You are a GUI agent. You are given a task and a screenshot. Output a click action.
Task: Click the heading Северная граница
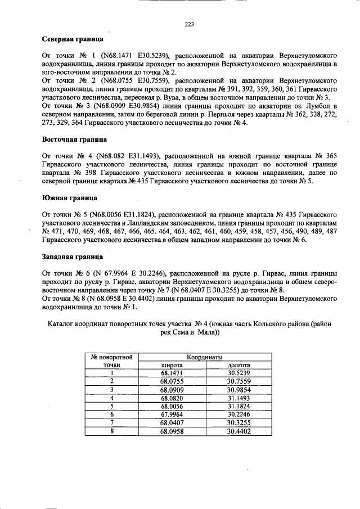pyautogui.click(x=73, y=40)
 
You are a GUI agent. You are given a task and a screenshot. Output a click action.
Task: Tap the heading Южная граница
pyautogui.click(x=70, y=198)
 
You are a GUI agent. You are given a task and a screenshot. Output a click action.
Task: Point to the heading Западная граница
pyautogui.click(x=73, y=256)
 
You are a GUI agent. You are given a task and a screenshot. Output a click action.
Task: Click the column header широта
pyautogui.click(x=172, y=365)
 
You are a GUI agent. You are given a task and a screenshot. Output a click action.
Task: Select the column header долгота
pyautogui.click(x=238, y=365)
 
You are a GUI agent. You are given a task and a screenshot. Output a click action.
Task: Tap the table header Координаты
pyautogui.click(x=205, y=357)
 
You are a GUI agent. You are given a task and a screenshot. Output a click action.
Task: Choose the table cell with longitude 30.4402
pyautogui.click(x=238, y=431)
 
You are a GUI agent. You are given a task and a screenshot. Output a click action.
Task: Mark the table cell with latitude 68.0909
pyautogui.click(x=172, y=389)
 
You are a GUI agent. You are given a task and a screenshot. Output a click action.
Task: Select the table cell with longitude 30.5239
pyautogui.click(x=238, y=372)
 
